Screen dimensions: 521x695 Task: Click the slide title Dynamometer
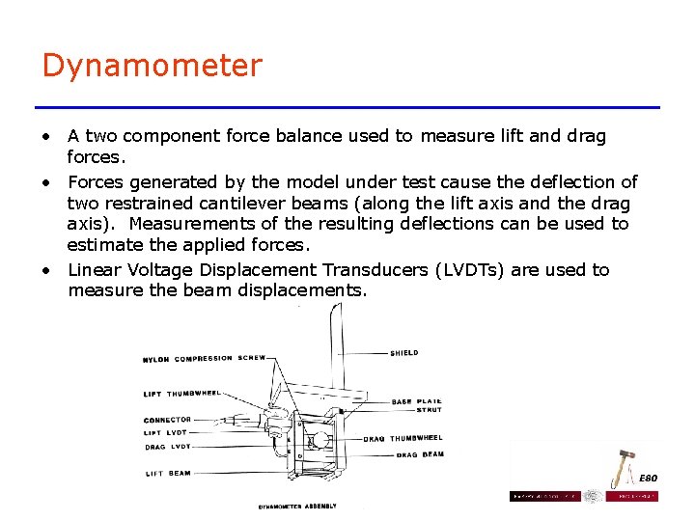coord(152,66)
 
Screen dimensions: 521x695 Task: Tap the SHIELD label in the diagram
coord(404,353)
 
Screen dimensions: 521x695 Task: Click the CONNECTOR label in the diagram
coord(167,420)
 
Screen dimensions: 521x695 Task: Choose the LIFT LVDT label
coord(167,433)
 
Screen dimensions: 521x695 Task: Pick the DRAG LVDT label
coord(168,447)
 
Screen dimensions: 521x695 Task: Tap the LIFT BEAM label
coord(168,474)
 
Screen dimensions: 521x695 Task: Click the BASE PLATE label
coord(417,401)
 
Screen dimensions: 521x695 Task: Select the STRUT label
coord(429,410)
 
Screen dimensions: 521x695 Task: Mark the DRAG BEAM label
coord(420,454)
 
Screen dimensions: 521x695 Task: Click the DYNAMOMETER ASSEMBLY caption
coord(296,506)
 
